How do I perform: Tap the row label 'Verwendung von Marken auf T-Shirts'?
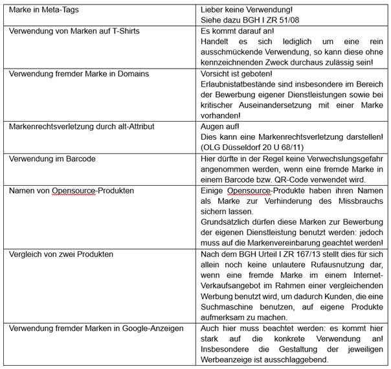point(74,31)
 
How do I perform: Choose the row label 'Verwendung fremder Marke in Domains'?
point(78,74)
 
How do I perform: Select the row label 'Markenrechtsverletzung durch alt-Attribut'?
point(82,127)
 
